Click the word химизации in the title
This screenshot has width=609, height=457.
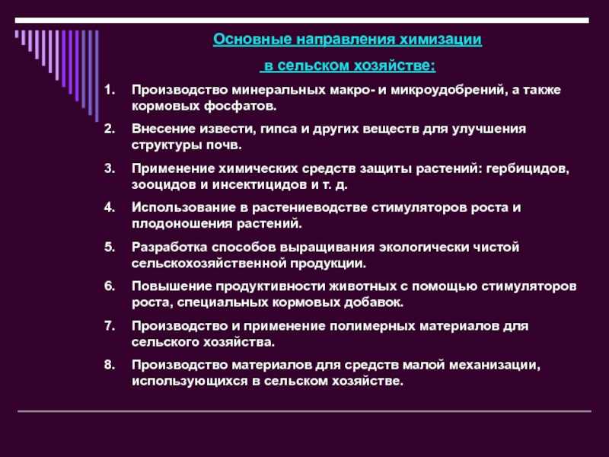(x=441, y=40)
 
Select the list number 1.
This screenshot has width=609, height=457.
(x=110, y=90)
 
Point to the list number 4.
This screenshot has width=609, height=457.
(x=110, y=207)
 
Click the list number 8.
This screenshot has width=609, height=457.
(x=110, y=365)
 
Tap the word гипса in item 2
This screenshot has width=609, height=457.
(x=279, y=129)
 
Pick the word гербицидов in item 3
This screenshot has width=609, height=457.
(x=527, y=168)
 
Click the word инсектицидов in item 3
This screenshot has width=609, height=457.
(x=260, y=184)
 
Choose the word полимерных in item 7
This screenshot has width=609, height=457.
(x=372, y=326)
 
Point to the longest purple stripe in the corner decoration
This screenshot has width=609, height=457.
(x=97, y=75)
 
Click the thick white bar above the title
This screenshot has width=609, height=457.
(x=301, y=21)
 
